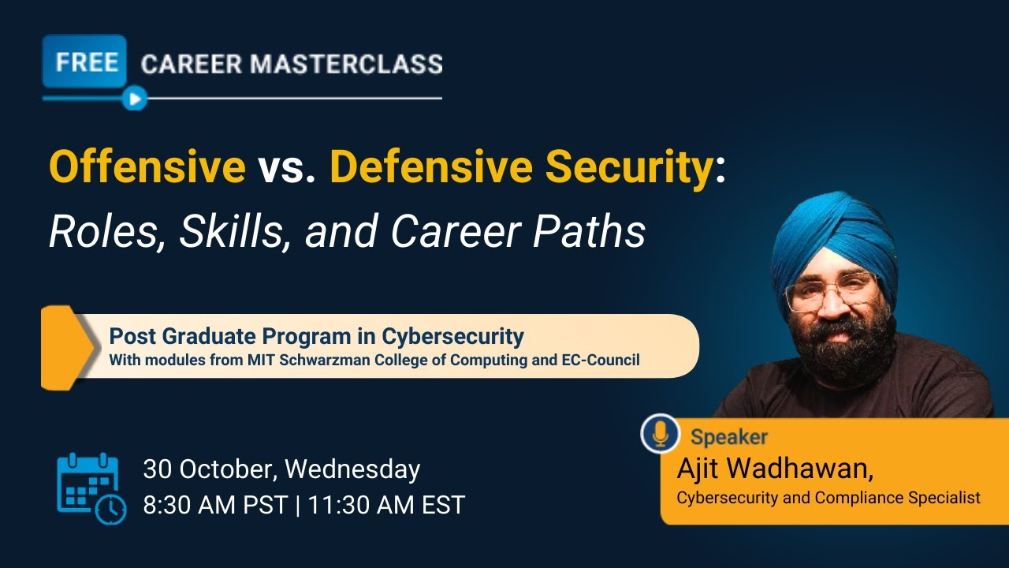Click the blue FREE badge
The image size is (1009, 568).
(x=85, y=62)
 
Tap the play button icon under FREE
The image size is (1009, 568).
(x=135, y=99)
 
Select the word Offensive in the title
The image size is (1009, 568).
(x=147, y=166)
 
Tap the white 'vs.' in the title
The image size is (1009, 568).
(x=287, y=166)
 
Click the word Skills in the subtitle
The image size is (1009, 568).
(x=235, y=231)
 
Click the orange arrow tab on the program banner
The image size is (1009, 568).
(x=67, y=347)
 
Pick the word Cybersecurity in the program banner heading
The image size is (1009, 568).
(x=452, y=336)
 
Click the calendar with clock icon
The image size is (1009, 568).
(x=91, y=488)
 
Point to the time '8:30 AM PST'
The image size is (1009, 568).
(x=215, y=505)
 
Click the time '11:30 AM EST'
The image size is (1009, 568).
(x=386, y=505)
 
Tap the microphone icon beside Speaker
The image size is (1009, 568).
(x=660, y=433)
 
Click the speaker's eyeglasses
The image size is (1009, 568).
(x=832, y=292)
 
